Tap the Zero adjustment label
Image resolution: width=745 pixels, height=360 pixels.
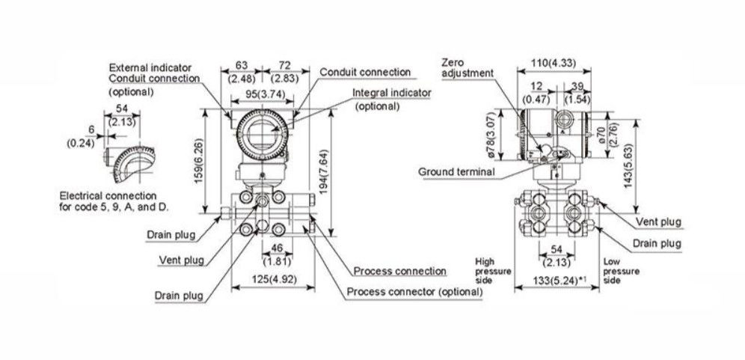pos(467,67)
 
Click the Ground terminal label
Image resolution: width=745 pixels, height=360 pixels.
pos(456,171)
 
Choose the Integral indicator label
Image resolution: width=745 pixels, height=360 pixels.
pos(392,92)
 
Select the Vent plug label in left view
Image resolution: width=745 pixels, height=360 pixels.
pos(182,260)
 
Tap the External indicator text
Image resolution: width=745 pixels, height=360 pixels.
pos(149,67)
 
